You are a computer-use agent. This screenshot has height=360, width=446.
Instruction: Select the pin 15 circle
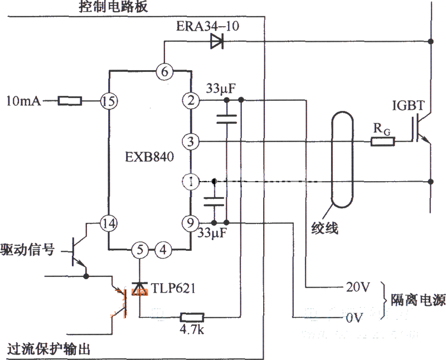pos(107,101)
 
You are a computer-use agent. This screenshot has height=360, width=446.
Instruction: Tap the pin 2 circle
pos(191,101)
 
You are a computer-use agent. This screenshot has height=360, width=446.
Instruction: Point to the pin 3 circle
pos(191,142)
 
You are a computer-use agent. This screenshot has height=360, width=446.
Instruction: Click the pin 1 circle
pos(191,181)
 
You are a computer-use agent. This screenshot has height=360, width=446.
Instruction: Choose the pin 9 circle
pos(191,222)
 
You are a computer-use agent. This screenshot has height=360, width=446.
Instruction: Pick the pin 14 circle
pos(107,222)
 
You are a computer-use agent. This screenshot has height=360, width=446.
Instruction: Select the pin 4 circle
pos(163,249)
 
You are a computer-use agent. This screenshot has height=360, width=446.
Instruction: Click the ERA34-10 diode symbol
pos(217,41)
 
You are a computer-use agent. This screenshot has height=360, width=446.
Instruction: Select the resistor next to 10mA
pos(70,101)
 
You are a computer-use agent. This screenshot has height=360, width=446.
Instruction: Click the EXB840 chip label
pos(148,158)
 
